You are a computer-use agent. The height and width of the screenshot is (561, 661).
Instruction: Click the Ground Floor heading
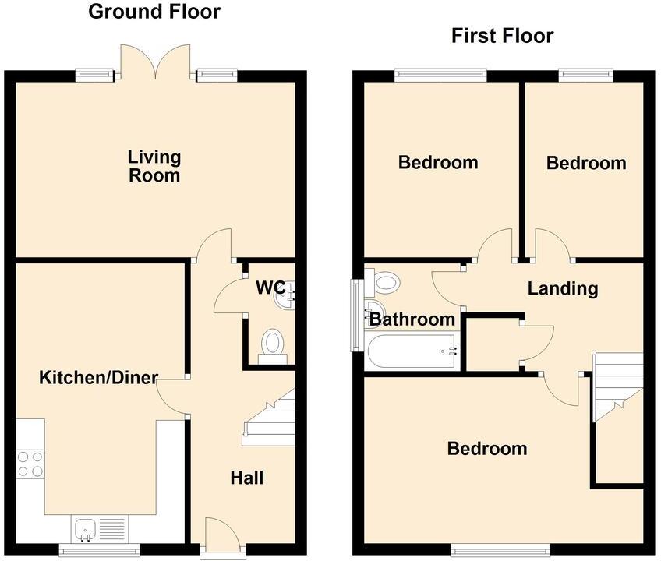tap(154, 12)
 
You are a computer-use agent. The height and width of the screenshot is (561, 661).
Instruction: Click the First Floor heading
tap(502, 36)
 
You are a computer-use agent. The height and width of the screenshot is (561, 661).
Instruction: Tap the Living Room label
tap(154, 166)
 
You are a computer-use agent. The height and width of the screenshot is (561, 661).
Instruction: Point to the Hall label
tap(247, 478)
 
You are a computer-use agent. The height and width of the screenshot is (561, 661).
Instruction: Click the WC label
tap(270, 288)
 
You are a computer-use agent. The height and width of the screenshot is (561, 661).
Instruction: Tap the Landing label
tap(563, 288)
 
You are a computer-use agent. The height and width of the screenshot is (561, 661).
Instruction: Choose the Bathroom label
tap(412, 319)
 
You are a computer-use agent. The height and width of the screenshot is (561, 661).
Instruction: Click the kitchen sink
tap(85, 530)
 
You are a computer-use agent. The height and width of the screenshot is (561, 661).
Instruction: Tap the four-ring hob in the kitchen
tap(30, 464)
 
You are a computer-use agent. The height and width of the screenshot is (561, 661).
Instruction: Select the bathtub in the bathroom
tap(412, 352)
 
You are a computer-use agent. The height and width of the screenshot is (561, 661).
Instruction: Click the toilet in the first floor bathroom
tap(385, 280)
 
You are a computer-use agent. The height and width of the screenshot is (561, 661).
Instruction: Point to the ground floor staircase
tap(270, 418)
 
